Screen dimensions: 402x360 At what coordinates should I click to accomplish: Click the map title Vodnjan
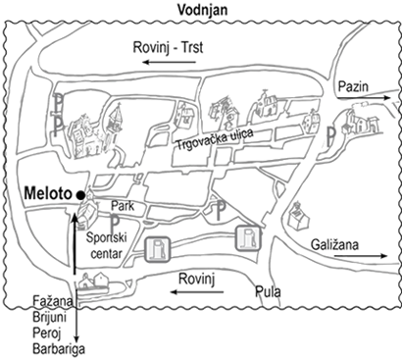(x=202, y=10)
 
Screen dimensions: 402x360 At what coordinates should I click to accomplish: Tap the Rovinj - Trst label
(x=168, y=47)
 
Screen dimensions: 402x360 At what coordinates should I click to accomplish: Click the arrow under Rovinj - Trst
(x=169, y=62)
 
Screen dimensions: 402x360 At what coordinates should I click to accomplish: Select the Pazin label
(x=353, y=86)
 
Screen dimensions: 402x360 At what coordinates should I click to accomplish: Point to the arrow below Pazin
(x=364, y=98)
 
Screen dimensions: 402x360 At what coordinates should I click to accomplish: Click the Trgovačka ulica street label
(x=215, y=139)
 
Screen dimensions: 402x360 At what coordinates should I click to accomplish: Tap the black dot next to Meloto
(x=80, y=195)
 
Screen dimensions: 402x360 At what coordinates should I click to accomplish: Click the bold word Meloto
(x=48, y=193)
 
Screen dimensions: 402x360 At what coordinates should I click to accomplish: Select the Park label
(x=123, y=206)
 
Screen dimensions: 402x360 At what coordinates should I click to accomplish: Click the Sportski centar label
(x=106, y=245)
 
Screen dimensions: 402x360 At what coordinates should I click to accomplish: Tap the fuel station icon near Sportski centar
(x=158, y=249)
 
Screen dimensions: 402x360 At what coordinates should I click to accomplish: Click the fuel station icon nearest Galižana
(x=248, y=238)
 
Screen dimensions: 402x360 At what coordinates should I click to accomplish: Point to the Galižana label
(x=334, y=244)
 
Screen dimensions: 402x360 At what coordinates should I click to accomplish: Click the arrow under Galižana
(x=361, y=256)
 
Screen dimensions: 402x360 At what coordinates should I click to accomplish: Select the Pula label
(x=268, y=291)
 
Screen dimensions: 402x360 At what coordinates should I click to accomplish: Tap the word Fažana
(x=53, y=301)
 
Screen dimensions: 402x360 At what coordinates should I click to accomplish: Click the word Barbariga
(x=59, y=348)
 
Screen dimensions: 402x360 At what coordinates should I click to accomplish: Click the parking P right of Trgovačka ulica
(x=331, y=136)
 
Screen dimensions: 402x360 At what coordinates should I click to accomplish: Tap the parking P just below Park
(x=115, y=224)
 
